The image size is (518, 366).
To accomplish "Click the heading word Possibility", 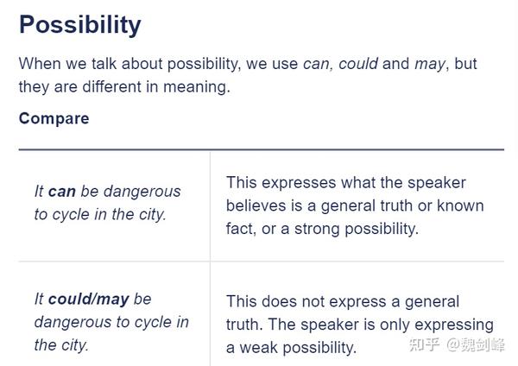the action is pos(80,25).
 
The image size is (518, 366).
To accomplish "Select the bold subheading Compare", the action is pos(54,118).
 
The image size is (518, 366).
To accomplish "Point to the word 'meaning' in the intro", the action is pos(196,87).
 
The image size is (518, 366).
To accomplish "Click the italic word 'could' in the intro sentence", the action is pos(358,63).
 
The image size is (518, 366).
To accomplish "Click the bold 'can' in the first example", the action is pos(62,192).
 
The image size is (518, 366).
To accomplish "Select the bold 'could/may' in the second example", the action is pos(89,300).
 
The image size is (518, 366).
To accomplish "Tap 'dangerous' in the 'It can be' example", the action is pos(142,192).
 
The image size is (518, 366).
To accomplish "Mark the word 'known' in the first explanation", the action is pos(460,205).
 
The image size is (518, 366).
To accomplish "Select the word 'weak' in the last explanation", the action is pos(259,348).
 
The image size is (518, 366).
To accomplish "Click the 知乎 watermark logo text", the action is pos(424,345).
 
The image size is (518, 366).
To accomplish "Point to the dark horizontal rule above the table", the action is pos(262,149).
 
